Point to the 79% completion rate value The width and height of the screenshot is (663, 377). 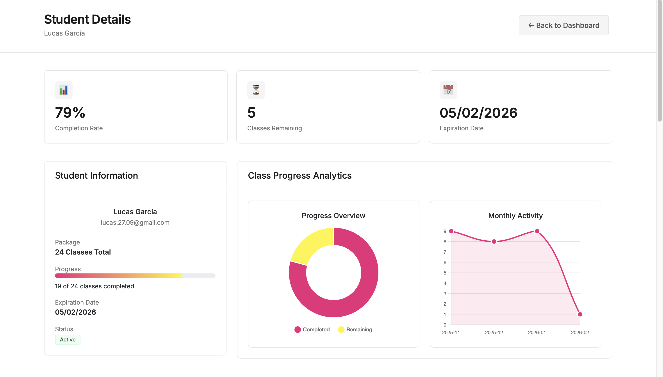click(70, 113)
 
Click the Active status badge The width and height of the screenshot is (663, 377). click(68, 339)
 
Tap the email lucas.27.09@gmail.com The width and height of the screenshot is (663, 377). click(135, 223)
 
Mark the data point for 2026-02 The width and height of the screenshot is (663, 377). click(580, 314)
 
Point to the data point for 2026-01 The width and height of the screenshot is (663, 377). click(537, 231)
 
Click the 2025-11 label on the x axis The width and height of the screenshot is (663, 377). click(451, 332)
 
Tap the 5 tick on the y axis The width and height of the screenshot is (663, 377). click(445, 273)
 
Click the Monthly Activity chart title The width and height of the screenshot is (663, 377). click(515, 215)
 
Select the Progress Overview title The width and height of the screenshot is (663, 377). click(333, 215)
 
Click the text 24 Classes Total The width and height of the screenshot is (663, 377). click(83, 252)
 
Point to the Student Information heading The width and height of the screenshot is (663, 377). click(96, 176)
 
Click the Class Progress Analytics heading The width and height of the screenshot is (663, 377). click(299, 176)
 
